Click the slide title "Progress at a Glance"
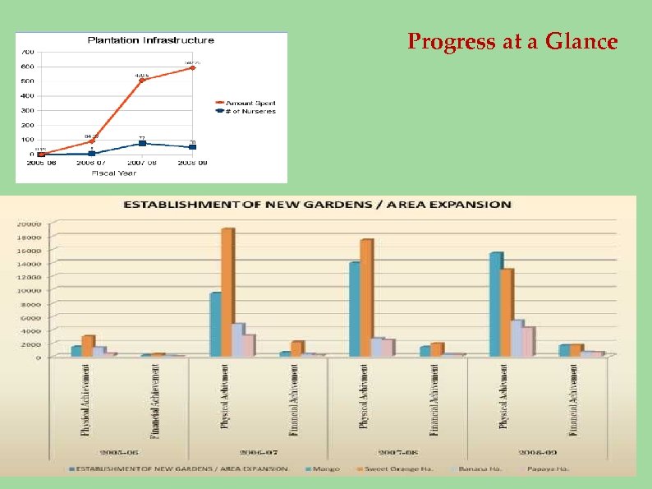pos(512,42)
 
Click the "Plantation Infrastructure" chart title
pos(151,39)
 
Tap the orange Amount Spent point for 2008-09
pos(193,67)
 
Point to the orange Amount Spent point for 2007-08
pos(142,81)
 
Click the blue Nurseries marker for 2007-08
pos(142,144)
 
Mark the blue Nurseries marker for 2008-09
pos(193,147)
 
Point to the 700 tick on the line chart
pos(27,52)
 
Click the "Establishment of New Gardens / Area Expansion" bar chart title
pos(317,205)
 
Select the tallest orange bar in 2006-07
pos(227,292)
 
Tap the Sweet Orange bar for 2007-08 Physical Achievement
pos(366,298)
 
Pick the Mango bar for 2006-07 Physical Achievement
pos(215,324)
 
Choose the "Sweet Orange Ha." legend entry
pos(388,469)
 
